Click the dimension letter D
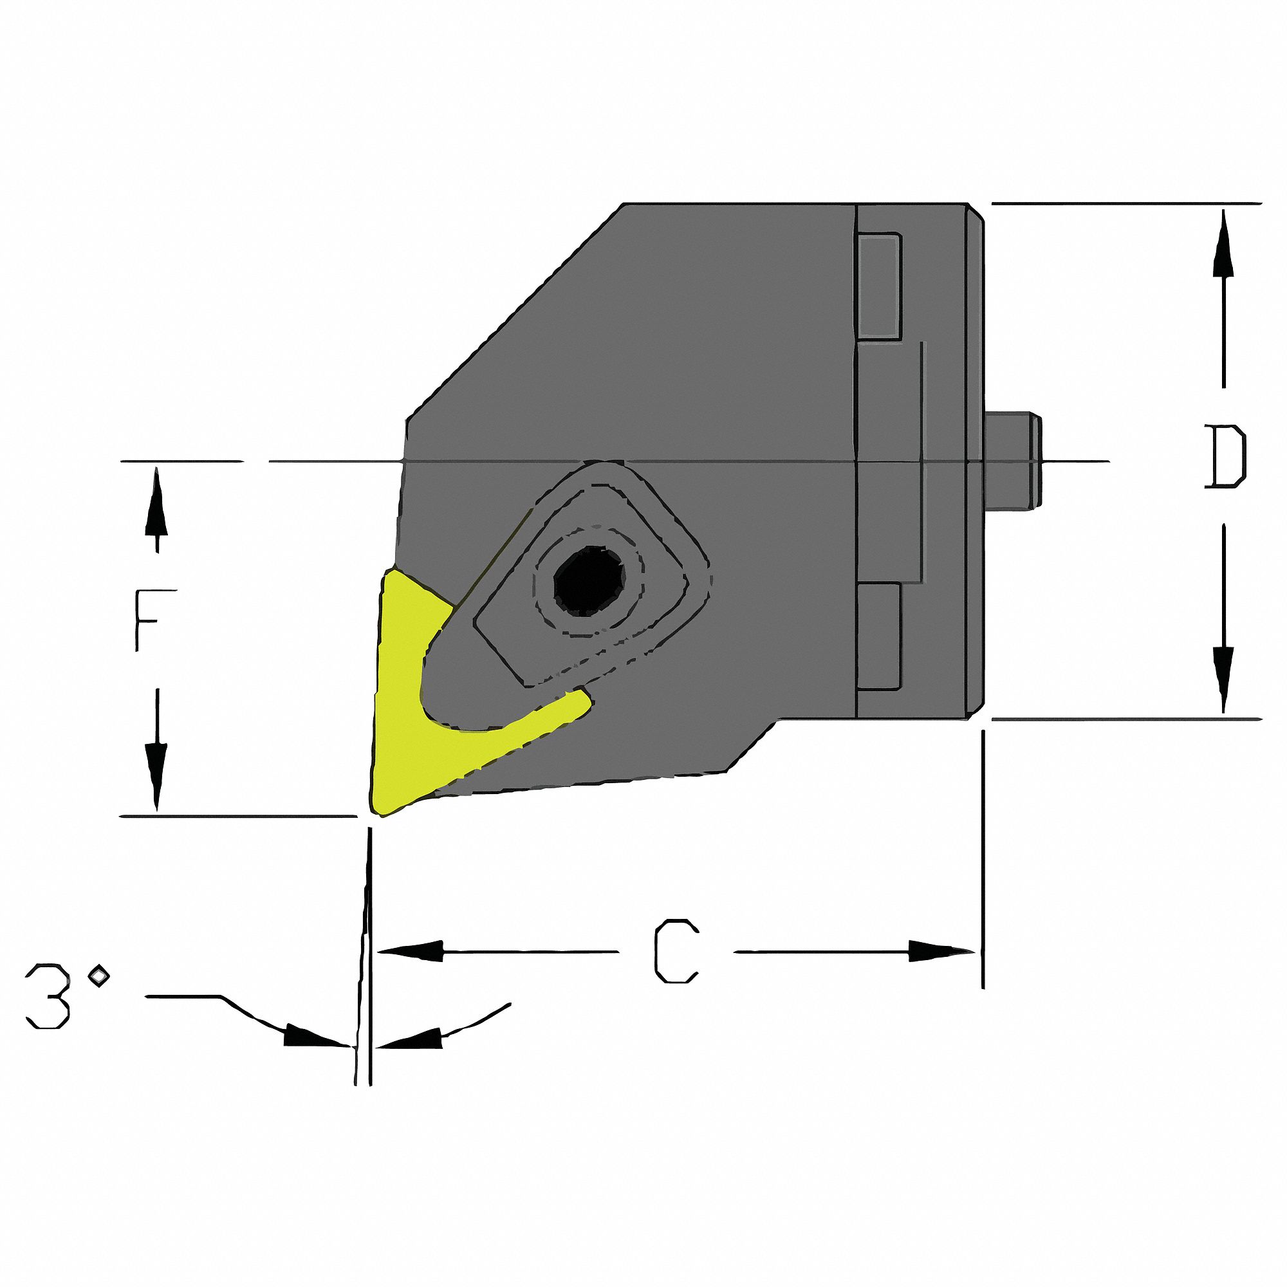point(1225,457)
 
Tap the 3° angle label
point(64,997)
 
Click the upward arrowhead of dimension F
point(156,503)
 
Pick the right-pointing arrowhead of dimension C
point(940,950)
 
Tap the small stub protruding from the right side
point(1012,461)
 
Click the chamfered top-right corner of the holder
point(976,212)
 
